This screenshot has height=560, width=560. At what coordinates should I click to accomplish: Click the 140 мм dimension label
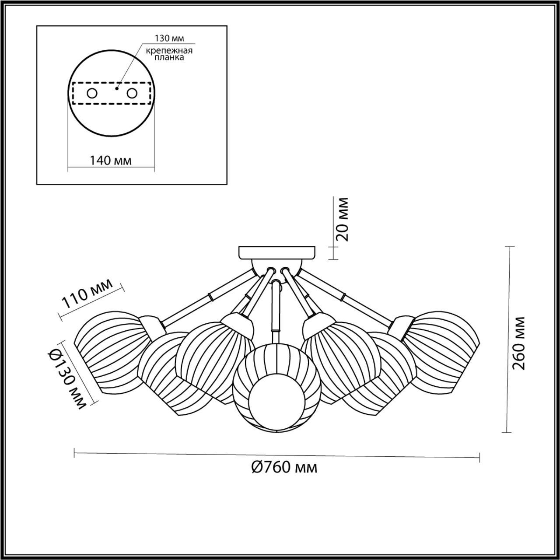coord(111,160)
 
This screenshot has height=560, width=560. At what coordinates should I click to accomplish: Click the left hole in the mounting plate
coord(92,93)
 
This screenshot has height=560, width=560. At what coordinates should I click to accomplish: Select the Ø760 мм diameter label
coord(284,468)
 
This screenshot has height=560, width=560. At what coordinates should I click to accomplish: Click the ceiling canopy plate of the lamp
coord(276,252)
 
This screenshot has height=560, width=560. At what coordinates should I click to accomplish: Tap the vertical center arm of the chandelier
coord(276,306)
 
